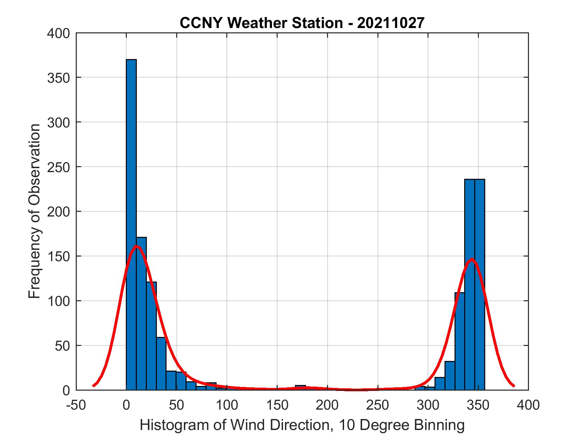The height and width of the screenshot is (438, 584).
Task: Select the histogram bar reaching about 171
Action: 141,314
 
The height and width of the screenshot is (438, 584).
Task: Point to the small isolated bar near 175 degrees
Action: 300,388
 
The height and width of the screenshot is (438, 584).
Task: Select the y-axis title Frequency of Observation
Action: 34,211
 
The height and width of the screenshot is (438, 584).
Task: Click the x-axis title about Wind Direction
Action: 302,425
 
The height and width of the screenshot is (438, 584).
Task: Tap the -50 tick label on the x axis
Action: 76,405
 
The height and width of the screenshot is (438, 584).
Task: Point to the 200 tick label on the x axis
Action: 327,405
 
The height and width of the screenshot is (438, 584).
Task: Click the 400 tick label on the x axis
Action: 529,405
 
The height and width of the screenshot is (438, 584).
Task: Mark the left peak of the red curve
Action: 136,247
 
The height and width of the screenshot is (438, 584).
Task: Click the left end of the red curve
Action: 94,386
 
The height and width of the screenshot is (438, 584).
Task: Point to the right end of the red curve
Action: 514,386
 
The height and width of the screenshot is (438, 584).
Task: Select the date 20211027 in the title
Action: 391,23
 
